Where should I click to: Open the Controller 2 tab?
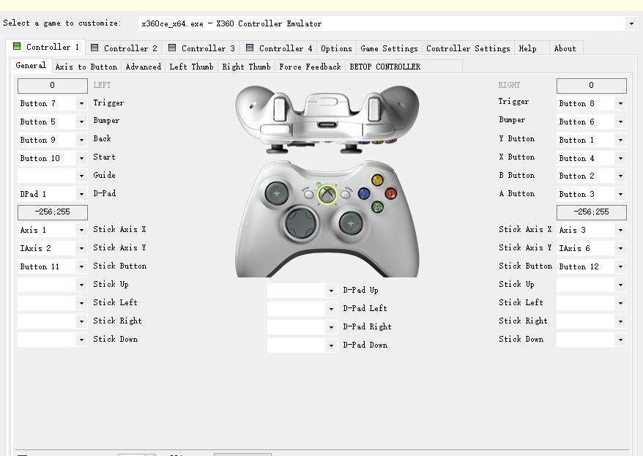pos(124,48)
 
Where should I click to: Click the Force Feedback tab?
pos(310,67)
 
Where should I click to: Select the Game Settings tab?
pos(389,48)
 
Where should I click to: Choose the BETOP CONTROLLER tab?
pos(384,67)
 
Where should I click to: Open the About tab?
pos(565,48)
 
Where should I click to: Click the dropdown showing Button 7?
pos(52,103)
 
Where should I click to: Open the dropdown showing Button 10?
pos(52,158)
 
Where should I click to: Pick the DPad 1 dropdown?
pos(52,194)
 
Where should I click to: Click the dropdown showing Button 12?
pos(591,266)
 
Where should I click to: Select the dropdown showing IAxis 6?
pos(591,248)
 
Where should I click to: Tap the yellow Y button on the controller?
pos(377,180)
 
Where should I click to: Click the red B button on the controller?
pos(391,193)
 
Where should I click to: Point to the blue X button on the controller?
pos(364,193)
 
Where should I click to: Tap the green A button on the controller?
pos(377,207)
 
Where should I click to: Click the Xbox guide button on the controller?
pos(327,194)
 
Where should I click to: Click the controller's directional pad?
pos(300,223)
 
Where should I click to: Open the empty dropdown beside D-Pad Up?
pos(302,290)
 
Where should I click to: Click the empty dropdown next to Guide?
pos(52,176)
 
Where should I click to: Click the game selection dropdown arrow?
pos(631,23)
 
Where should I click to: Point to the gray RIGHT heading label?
pos(509,85)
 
